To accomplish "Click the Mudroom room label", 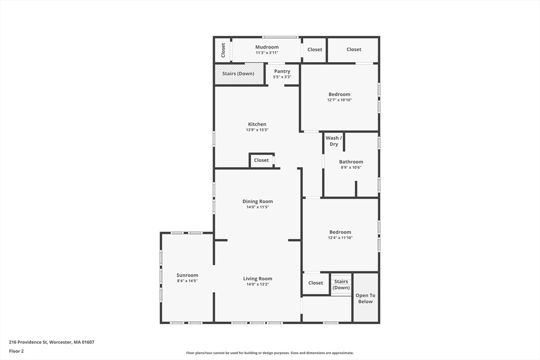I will click(267, 47).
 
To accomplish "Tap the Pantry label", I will click(282, 71).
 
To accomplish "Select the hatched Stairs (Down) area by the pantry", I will click(238, 74).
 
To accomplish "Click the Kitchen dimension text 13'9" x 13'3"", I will click(257, 130).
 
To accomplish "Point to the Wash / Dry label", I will click(334, 141).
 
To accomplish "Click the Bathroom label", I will click(351, 162).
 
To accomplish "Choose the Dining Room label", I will click(258, 201).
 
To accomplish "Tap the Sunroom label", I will click(187, 275).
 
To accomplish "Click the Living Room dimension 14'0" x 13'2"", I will click(258, 285).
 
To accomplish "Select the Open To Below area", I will click(365, 298).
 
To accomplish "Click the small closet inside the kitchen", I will click(262, 160).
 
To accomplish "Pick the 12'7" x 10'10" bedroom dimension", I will click(340, 100).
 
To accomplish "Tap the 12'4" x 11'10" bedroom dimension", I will click(340, 238).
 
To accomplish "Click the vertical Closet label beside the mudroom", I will click(223, 50).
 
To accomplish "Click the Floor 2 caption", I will click(16, 351).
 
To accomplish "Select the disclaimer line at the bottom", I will click(269, 353).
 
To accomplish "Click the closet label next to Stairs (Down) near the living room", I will click(315, 283).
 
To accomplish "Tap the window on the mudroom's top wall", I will click(281, 37).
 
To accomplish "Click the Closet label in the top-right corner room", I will click(354, 50).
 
